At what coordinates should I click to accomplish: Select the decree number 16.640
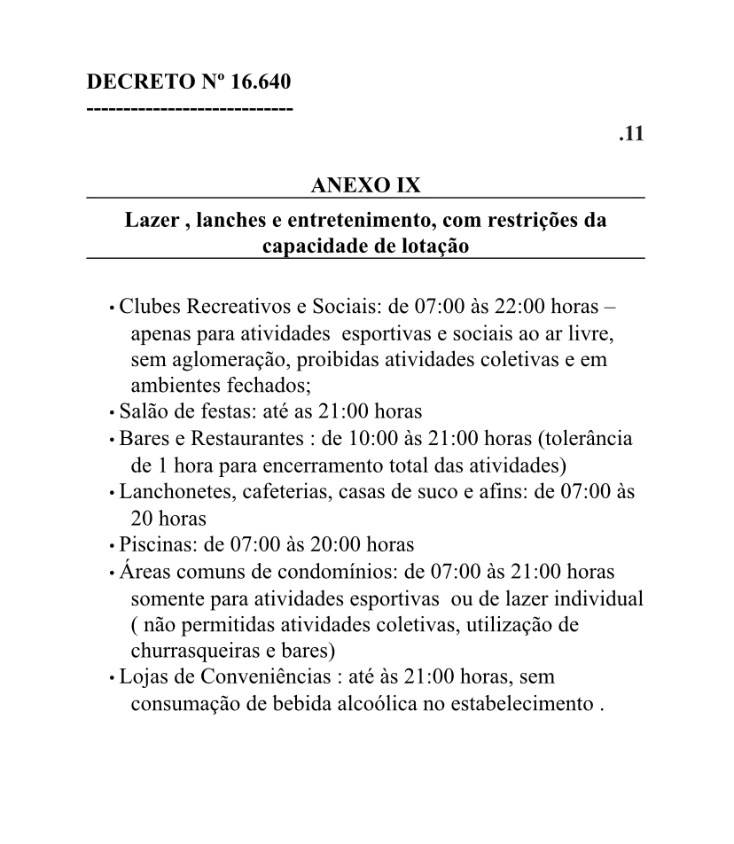click(261, 82)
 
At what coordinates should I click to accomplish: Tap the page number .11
click(631, 134)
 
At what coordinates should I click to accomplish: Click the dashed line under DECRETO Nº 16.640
click(190, 108)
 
